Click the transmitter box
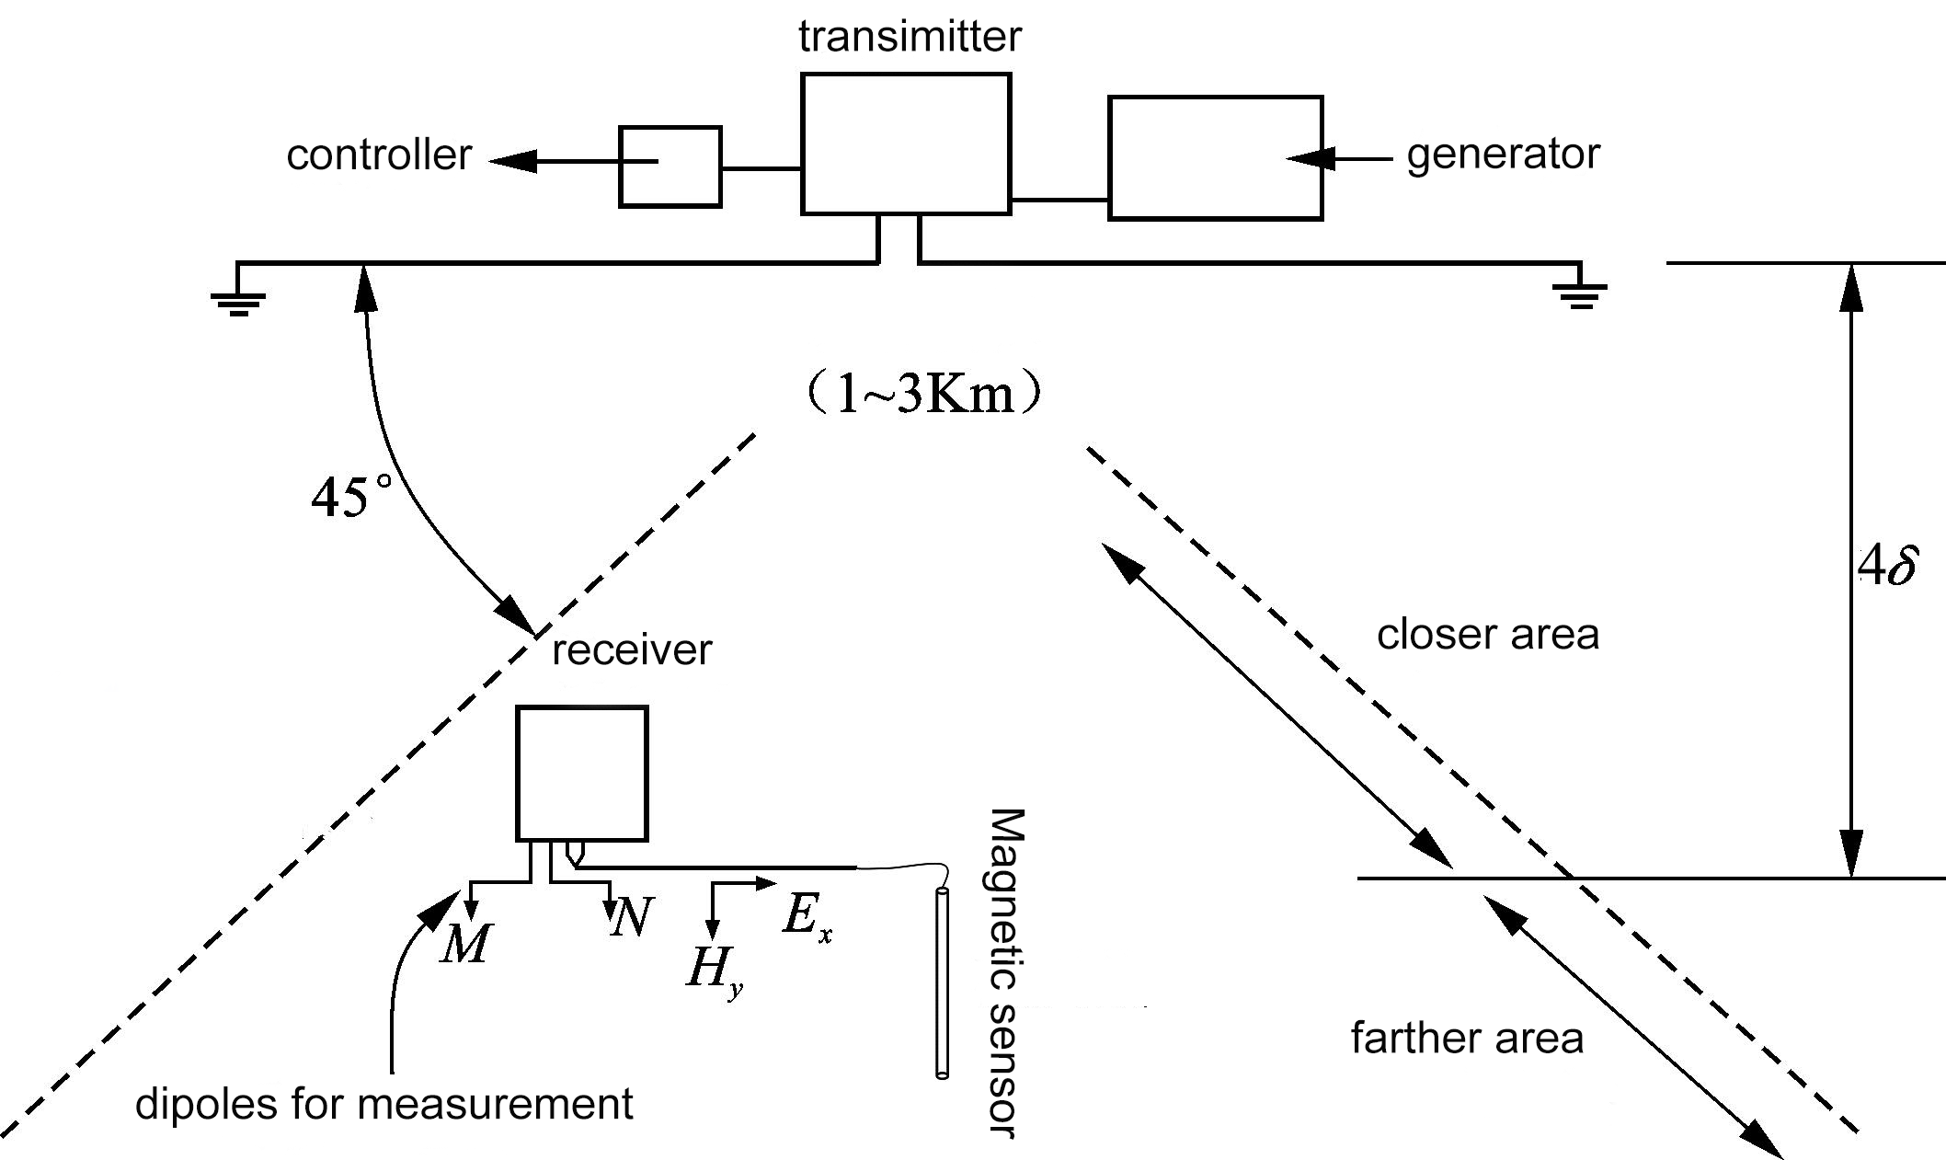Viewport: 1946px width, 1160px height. pos(906,144)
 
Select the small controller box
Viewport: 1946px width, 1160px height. pos(670,167)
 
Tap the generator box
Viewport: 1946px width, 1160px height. pos(1215,157)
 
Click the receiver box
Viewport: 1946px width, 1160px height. pos(581,773)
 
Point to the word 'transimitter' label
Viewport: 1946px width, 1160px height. pos(910,37)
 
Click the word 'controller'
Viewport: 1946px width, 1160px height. pos(379,155)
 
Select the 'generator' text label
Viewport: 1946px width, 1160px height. pos(1503,154)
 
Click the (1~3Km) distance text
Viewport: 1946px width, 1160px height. pos(923,395)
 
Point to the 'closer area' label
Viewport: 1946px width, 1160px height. pos(1487,635)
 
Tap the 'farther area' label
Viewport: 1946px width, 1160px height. pos(1467,1039)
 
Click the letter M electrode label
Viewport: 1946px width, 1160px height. pos(465,943)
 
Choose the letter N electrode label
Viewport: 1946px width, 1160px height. pos(631,917)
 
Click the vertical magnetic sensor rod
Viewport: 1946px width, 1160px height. pos(942,982)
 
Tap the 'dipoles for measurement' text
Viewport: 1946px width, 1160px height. pos(383,1104)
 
